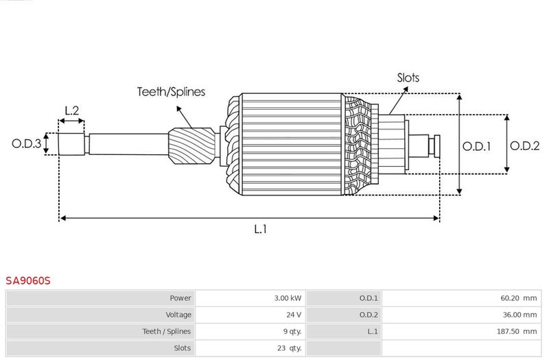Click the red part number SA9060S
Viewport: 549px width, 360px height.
(28, 280)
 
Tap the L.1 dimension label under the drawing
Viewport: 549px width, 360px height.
(261, 229)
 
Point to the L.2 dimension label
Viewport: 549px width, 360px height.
(72, 110)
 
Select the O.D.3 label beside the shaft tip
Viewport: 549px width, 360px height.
(26, 143)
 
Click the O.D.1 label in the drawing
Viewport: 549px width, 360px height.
(476, 146)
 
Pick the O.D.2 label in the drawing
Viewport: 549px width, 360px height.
(524, 145)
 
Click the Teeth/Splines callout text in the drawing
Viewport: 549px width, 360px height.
(171, 92)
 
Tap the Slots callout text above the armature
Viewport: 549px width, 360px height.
(408, 77)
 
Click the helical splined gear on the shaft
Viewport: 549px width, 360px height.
(192, 146)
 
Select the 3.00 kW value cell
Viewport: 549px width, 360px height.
(288, 298)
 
